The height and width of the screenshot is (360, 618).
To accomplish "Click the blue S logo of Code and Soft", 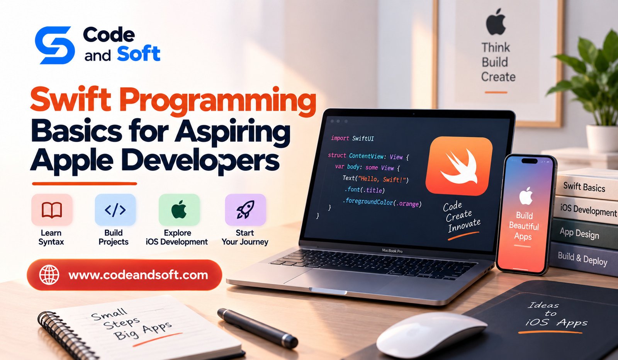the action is pyautogui.click(x=54, y=45).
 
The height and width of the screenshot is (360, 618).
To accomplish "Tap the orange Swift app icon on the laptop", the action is pyautogui.click(x=459, y=166).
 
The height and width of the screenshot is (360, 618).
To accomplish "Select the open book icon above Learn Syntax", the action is pyautogui.click(x=52, y=210).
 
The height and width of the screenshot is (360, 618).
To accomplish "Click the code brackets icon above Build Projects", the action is pyautogui.click(x=115, y=210).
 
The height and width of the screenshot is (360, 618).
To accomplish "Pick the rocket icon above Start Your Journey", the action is pyautogui.click(x=245, y=209).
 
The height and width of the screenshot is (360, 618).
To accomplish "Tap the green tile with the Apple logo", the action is pyautogui.click(x=179, y=210).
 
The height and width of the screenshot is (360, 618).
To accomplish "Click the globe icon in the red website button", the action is pyautogui.click(x=49, y=275).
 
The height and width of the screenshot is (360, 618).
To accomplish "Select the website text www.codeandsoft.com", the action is pyautogui.click(x=138, y=275).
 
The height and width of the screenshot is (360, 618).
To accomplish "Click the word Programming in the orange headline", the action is pyautogui.click(x=217, y=100).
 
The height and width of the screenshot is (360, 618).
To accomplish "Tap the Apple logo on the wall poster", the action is pyautogui.click(x=496, y=22).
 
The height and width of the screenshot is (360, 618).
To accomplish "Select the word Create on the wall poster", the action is pyautogui.click(x=498, y=77).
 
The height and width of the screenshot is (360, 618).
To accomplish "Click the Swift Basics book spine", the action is pyautogui.click(x=584, y=187).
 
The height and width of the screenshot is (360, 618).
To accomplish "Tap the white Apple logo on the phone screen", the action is pyautogui.click(x=526, y=196).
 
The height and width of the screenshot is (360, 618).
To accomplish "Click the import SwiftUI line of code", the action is pyautogui.click(x=352, y=138).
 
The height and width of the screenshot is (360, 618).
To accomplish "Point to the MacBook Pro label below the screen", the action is pyautogui.click(x=392, y=251).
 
